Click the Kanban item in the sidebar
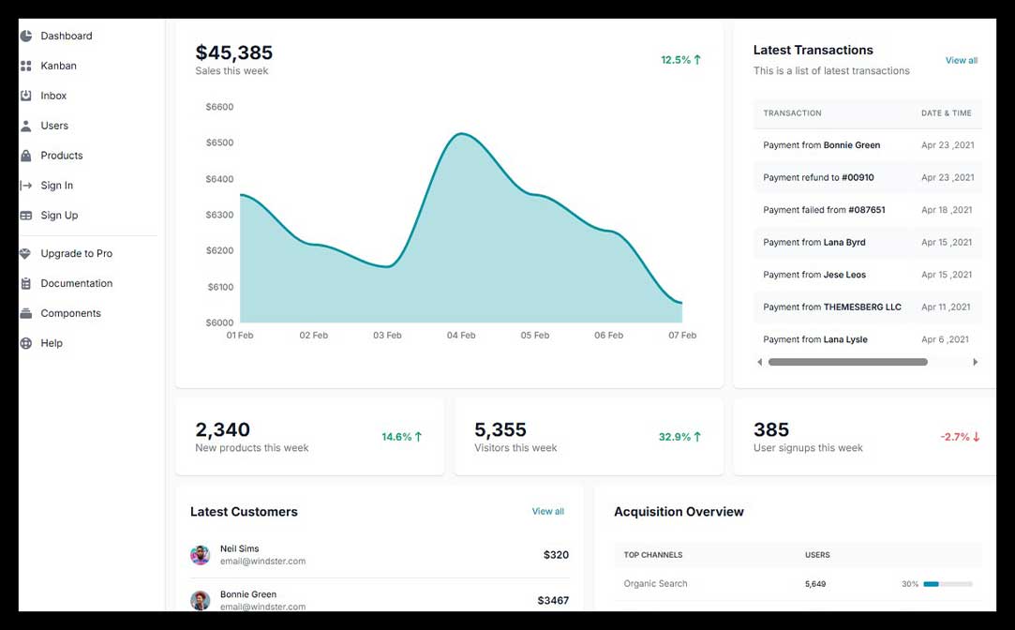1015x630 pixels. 58,66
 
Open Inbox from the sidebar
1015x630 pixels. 53,96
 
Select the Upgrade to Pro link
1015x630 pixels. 76,253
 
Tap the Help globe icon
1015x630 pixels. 26,343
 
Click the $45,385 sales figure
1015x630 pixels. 233,52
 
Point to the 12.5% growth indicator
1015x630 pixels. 680,60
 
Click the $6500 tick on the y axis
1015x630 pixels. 219,142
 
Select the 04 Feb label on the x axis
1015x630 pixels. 460,335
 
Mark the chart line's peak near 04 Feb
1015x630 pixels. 459,134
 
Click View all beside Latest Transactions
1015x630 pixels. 961,60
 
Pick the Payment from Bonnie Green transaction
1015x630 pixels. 821,145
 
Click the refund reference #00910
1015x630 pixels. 858,177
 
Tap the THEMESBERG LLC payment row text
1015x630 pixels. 861,307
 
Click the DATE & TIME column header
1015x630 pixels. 946,113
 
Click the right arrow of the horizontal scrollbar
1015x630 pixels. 975,362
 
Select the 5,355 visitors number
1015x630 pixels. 500,429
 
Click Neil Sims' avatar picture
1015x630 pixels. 200,555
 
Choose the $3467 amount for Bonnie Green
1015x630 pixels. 553,600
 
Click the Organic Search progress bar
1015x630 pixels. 948,584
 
